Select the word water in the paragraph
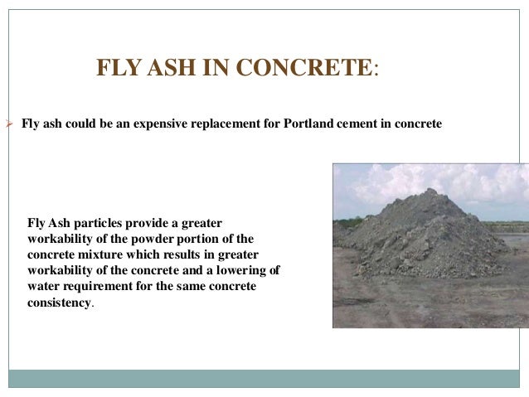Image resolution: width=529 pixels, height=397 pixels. click(x=45, y=287)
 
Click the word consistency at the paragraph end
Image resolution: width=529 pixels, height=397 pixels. click(x=60, y=303)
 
